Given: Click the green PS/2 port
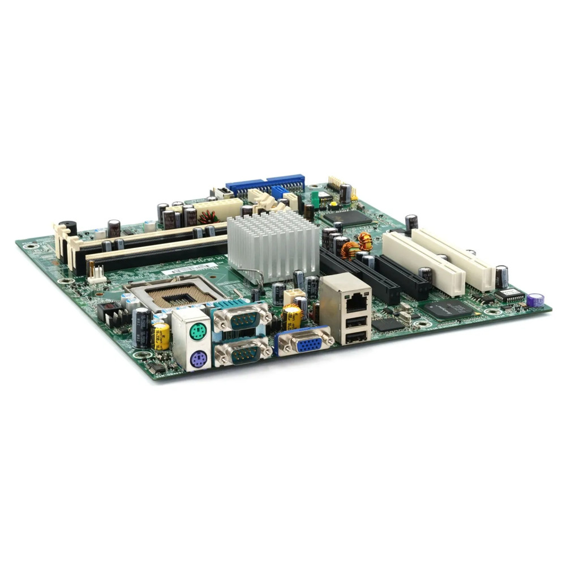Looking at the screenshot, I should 196,332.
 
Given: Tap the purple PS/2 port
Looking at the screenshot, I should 196,358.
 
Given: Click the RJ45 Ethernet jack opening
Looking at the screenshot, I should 355,303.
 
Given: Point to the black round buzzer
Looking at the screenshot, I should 67,228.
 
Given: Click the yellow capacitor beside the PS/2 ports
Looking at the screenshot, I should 161,336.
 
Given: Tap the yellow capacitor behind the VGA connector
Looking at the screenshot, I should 292,317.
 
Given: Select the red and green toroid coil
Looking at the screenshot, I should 208,217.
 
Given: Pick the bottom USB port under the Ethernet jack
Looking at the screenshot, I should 355,338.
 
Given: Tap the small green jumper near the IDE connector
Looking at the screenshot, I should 315,199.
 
